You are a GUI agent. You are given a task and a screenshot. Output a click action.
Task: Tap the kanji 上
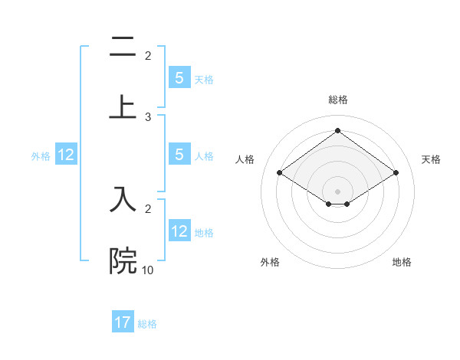pyautogui.click(x=123, y=108)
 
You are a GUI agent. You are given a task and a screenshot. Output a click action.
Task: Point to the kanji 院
pyautogui.click(x=123, y=260)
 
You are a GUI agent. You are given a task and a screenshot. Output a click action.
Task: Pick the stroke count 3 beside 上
pyautogui.click(x=148, y=116)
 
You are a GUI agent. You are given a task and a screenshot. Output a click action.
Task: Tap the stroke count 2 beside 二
pyautogui.click(x=148, y=55)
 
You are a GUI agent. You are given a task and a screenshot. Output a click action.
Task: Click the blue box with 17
pyautogui.click(x=123, y=322)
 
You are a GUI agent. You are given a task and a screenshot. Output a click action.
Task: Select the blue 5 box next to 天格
pyautogui.click(x=179, y=78)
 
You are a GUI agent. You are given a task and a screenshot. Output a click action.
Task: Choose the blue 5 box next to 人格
pyautogui.click(x=179, y=155)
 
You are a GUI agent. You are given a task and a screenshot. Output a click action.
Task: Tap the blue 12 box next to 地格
pyautogui.click(x=179, y=231)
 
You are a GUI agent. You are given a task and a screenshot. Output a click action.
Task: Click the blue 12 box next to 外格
pyautogui.click(x=66, y=155)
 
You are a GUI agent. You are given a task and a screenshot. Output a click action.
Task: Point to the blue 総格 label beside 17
pyautogui.click(x=147, y=323)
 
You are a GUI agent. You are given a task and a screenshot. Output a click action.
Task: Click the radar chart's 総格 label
pyautogui.click(x=337, y=100)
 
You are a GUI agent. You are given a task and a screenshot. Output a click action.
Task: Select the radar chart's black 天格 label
pyautogui.click(x=431, y=159)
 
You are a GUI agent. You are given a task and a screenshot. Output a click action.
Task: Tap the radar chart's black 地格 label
pyautogui.click(x=402, y=262)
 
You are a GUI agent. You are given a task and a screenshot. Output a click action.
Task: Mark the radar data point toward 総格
pyautogui.click(x=337, y=130)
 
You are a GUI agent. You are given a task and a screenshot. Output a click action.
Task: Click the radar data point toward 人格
pyautogui.click(x=280, y=173)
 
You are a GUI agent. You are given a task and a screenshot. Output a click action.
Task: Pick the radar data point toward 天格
pyautogui.click(x=396, y=173)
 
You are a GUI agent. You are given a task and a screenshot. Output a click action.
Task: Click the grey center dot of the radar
pyautogui.click(x=337, y=191)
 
